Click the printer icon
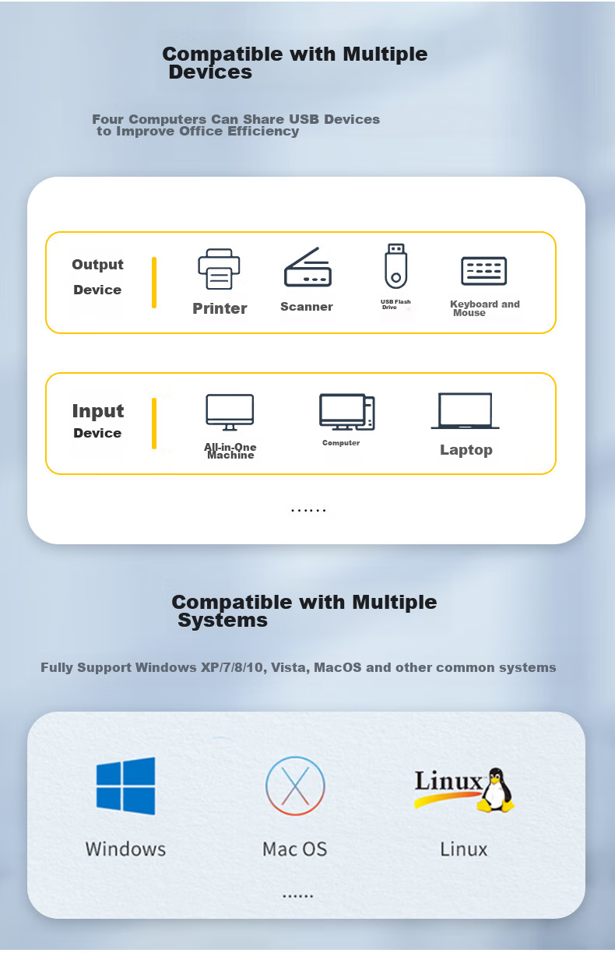(x=219, y=269)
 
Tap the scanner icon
(x=307, y=267)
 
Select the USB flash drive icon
(x=395, y=266)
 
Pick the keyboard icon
(x=483, y=271)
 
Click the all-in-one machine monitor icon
(x=230, y=412)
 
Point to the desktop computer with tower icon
(x=346, y=412)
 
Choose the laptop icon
(x=465, y=410)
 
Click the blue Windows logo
(x=125, y=786)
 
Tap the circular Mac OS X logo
(x=295, y=786)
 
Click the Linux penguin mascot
(x=495, y=789)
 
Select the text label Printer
(x=220, y=308)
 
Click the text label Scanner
(x=307, y=307)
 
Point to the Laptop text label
(x=466, y=450)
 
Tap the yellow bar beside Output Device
(x=154, y=282)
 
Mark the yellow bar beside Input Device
(x=154, y=424)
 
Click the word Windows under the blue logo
(x=125, y=849)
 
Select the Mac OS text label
(x=295, y=849)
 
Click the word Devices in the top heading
(x=210, y=72)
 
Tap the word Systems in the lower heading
(x=223, y=621)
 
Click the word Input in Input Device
(x=98, y=411)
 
